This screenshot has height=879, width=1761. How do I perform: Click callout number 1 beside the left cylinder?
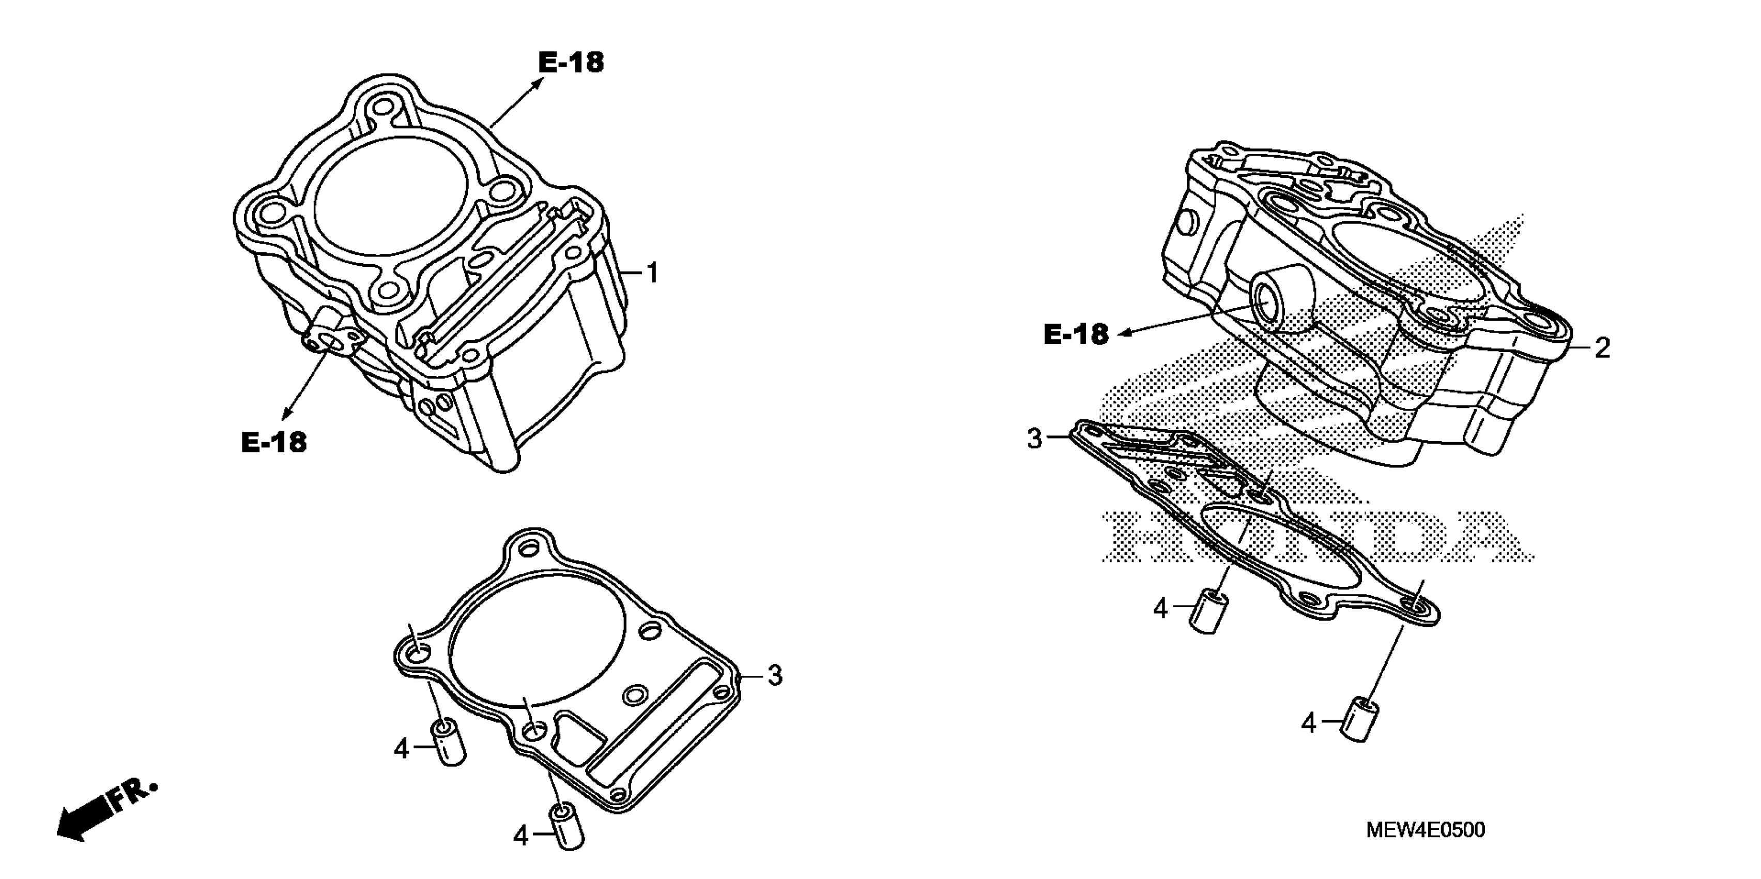pos(653,274)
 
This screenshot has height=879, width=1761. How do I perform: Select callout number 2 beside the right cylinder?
pos(1602,349)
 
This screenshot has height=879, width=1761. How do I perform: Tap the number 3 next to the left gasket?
pos(774,675)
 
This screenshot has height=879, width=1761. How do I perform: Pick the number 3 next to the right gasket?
pos(1035,438)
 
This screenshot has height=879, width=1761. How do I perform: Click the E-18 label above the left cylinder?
pos(571,63)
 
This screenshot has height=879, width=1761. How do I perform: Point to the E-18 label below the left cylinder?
pos(273,442)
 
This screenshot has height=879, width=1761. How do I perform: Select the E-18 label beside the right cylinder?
pos(1076,335)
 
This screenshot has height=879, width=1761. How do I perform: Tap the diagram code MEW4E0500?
pos(1426,830)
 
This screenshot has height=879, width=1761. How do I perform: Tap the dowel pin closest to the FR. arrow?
pos(449,742)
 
